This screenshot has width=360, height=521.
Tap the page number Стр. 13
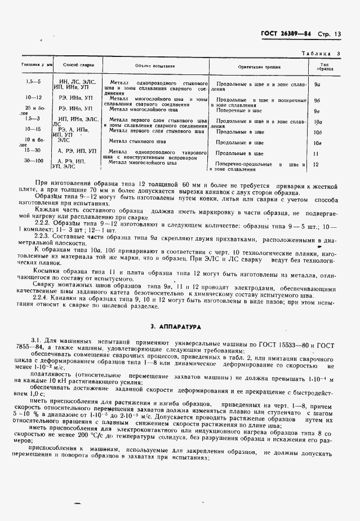[334, 34]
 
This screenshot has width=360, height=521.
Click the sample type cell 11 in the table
[317, 153]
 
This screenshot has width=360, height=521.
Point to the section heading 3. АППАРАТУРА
[180, 326]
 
